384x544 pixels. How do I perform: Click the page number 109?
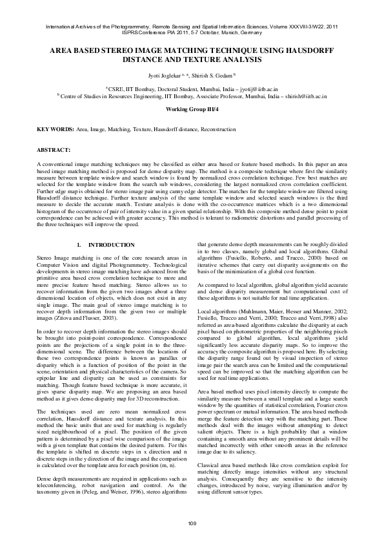(192, 523)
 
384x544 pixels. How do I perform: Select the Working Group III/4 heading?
(192, 110)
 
